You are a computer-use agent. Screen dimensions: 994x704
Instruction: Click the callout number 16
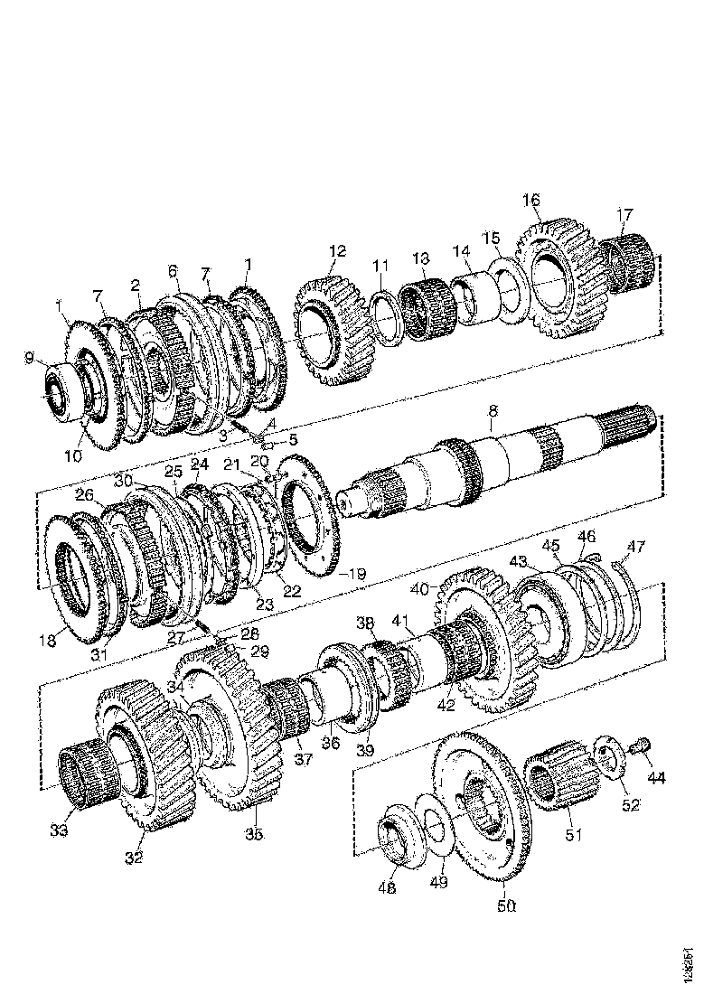tap(530, 199)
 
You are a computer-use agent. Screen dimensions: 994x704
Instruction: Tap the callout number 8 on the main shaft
tap(493, 411)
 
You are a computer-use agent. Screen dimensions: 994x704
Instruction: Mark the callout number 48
tap(386, 888)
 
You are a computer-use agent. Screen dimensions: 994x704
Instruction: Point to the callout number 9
tap(32, 360)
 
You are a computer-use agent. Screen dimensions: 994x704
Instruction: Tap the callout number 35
tap(255, 834)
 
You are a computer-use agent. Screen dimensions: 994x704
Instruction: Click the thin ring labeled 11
tap(391, 316)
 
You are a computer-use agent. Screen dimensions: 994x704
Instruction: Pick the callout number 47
tap(637, 545)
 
